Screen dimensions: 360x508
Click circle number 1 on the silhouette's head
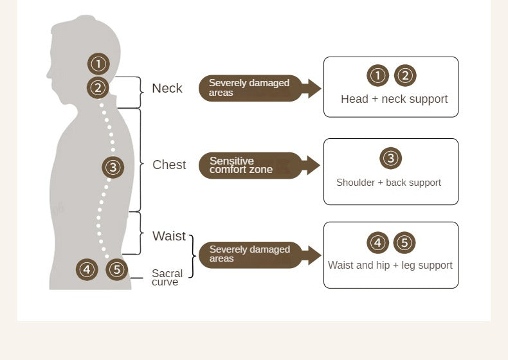tap(98, 64)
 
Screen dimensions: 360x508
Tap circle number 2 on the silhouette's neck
tap(98, 87)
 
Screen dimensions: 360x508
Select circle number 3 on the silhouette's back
tap(113, 168)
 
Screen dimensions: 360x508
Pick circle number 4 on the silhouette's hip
tap(87, 269)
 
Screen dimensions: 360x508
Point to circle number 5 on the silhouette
tap(116, 269)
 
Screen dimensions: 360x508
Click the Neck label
tap(167, 89)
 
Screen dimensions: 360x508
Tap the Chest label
tap(169, 165)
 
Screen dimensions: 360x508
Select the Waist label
tap(169, 236)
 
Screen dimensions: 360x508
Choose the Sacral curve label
tap(167, 278)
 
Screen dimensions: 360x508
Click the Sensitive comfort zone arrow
tap(257, 165)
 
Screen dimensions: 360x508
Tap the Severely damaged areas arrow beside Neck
tap(257, 88)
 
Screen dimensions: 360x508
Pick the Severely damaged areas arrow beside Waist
tap(257, 255)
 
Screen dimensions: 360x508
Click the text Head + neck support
tap(394, 99)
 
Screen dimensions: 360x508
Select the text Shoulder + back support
tap(388, 183)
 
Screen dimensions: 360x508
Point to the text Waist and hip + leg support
tap(390, 265)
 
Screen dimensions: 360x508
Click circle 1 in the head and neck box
tap(378, 76)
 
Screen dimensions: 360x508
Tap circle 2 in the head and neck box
tap(405, 76)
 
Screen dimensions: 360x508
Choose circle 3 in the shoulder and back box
tap(391, 158)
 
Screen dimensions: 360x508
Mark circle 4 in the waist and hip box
tap(378, 243)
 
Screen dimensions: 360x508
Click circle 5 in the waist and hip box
tap(404, 243)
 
